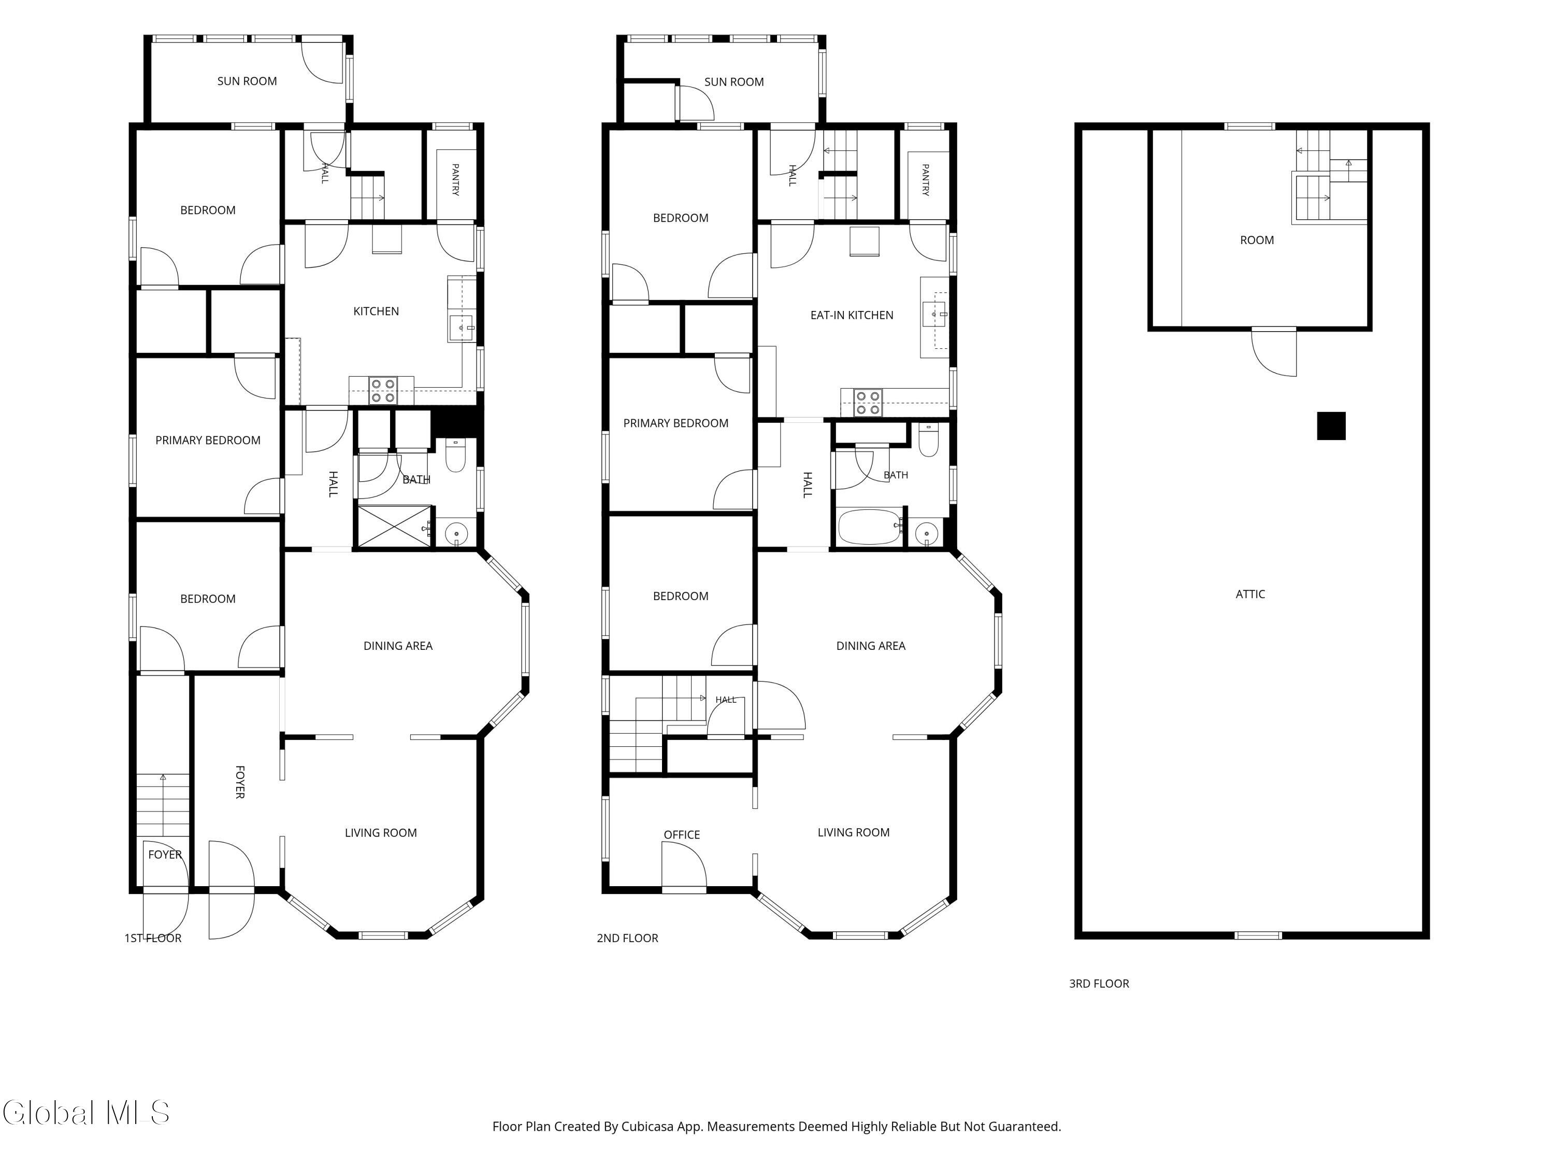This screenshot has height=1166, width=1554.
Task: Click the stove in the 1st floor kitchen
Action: [x=383, y=391]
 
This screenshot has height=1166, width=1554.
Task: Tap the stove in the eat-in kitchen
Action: [x=868, y=402]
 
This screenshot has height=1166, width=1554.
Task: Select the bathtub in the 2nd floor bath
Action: [x=870, y=527]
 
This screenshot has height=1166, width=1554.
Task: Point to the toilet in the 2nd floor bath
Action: [x=928, y=440]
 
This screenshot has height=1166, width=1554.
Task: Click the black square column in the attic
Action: [x=1331, y=426]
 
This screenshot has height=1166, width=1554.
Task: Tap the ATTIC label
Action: [x=1250, y=594]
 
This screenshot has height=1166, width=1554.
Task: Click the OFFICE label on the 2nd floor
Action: [x=682, y=834]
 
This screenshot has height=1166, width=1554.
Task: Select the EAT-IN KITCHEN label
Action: [x=852, y=315]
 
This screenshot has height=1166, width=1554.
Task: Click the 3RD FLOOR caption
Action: [x=1099, y=983]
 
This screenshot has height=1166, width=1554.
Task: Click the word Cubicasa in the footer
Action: [x=647, y=1126]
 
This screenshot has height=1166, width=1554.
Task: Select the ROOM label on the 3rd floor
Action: [x=1257, y=239]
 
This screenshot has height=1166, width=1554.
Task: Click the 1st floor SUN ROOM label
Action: [x=247, y=81]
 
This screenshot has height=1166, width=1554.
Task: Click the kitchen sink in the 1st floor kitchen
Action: [x=462, y=328]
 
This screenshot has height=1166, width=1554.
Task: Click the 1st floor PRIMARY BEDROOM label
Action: [x=208, y=440]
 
